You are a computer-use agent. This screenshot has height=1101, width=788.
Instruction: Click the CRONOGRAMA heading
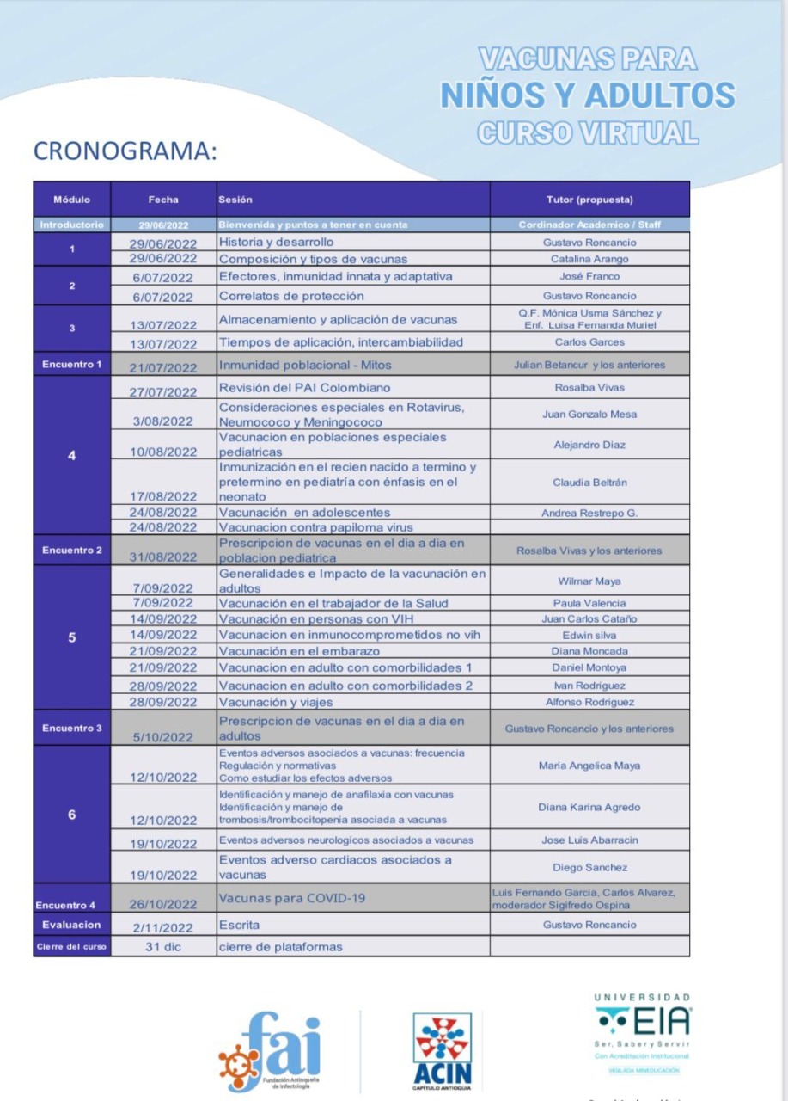click(125, 151)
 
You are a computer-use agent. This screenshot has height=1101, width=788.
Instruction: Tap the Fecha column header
click(163, 200)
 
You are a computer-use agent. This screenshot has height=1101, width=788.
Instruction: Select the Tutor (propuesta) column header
click(589, 200)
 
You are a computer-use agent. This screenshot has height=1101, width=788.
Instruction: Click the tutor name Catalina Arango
click(589, 259)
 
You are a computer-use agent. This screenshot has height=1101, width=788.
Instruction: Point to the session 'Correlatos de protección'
click(290, 296)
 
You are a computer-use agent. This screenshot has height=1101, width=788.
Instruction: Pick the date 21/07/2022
click(163, 367)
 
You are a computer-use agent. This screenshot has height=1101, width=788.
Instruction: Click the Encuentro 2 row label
click(72, 550)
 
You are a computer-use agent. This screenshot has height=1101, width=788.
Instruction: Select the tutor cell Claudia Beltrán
click(589, 483)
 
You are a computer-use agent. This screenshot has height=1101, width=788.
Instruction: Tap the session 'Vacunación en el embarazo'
click(300, 651)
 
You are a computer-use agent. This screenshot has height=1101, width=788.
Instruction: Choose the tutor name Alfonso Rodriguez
click(589, 702)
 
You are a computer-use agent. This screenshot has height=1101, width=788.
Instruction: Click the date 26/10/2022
click(163, 904)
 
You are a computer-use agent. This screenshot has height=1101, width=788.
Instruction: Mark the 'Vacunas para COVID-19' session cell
click(292, 898)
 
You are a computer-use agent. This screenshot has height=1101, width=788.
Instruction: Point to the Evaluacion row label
click(72, 925)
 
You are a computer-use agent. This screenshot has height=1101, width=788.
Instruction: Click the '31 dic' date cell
click(163, 947)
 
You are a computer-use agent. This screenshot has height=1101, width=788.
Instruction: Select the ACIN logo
click(443, 1051)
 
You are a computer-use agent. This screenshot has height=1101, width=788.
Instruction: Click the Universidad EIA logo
click(643, 1028)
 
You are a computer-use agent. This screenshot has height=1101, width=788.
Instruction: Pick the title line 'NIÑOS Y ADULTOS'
click(588, 95)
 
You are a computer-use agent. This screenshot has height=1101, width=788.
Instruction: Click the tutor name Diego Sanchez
click(589, 867)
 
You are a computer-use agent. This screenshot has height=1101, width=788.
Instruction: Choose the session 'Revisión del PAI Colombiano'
click(304, 388)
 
